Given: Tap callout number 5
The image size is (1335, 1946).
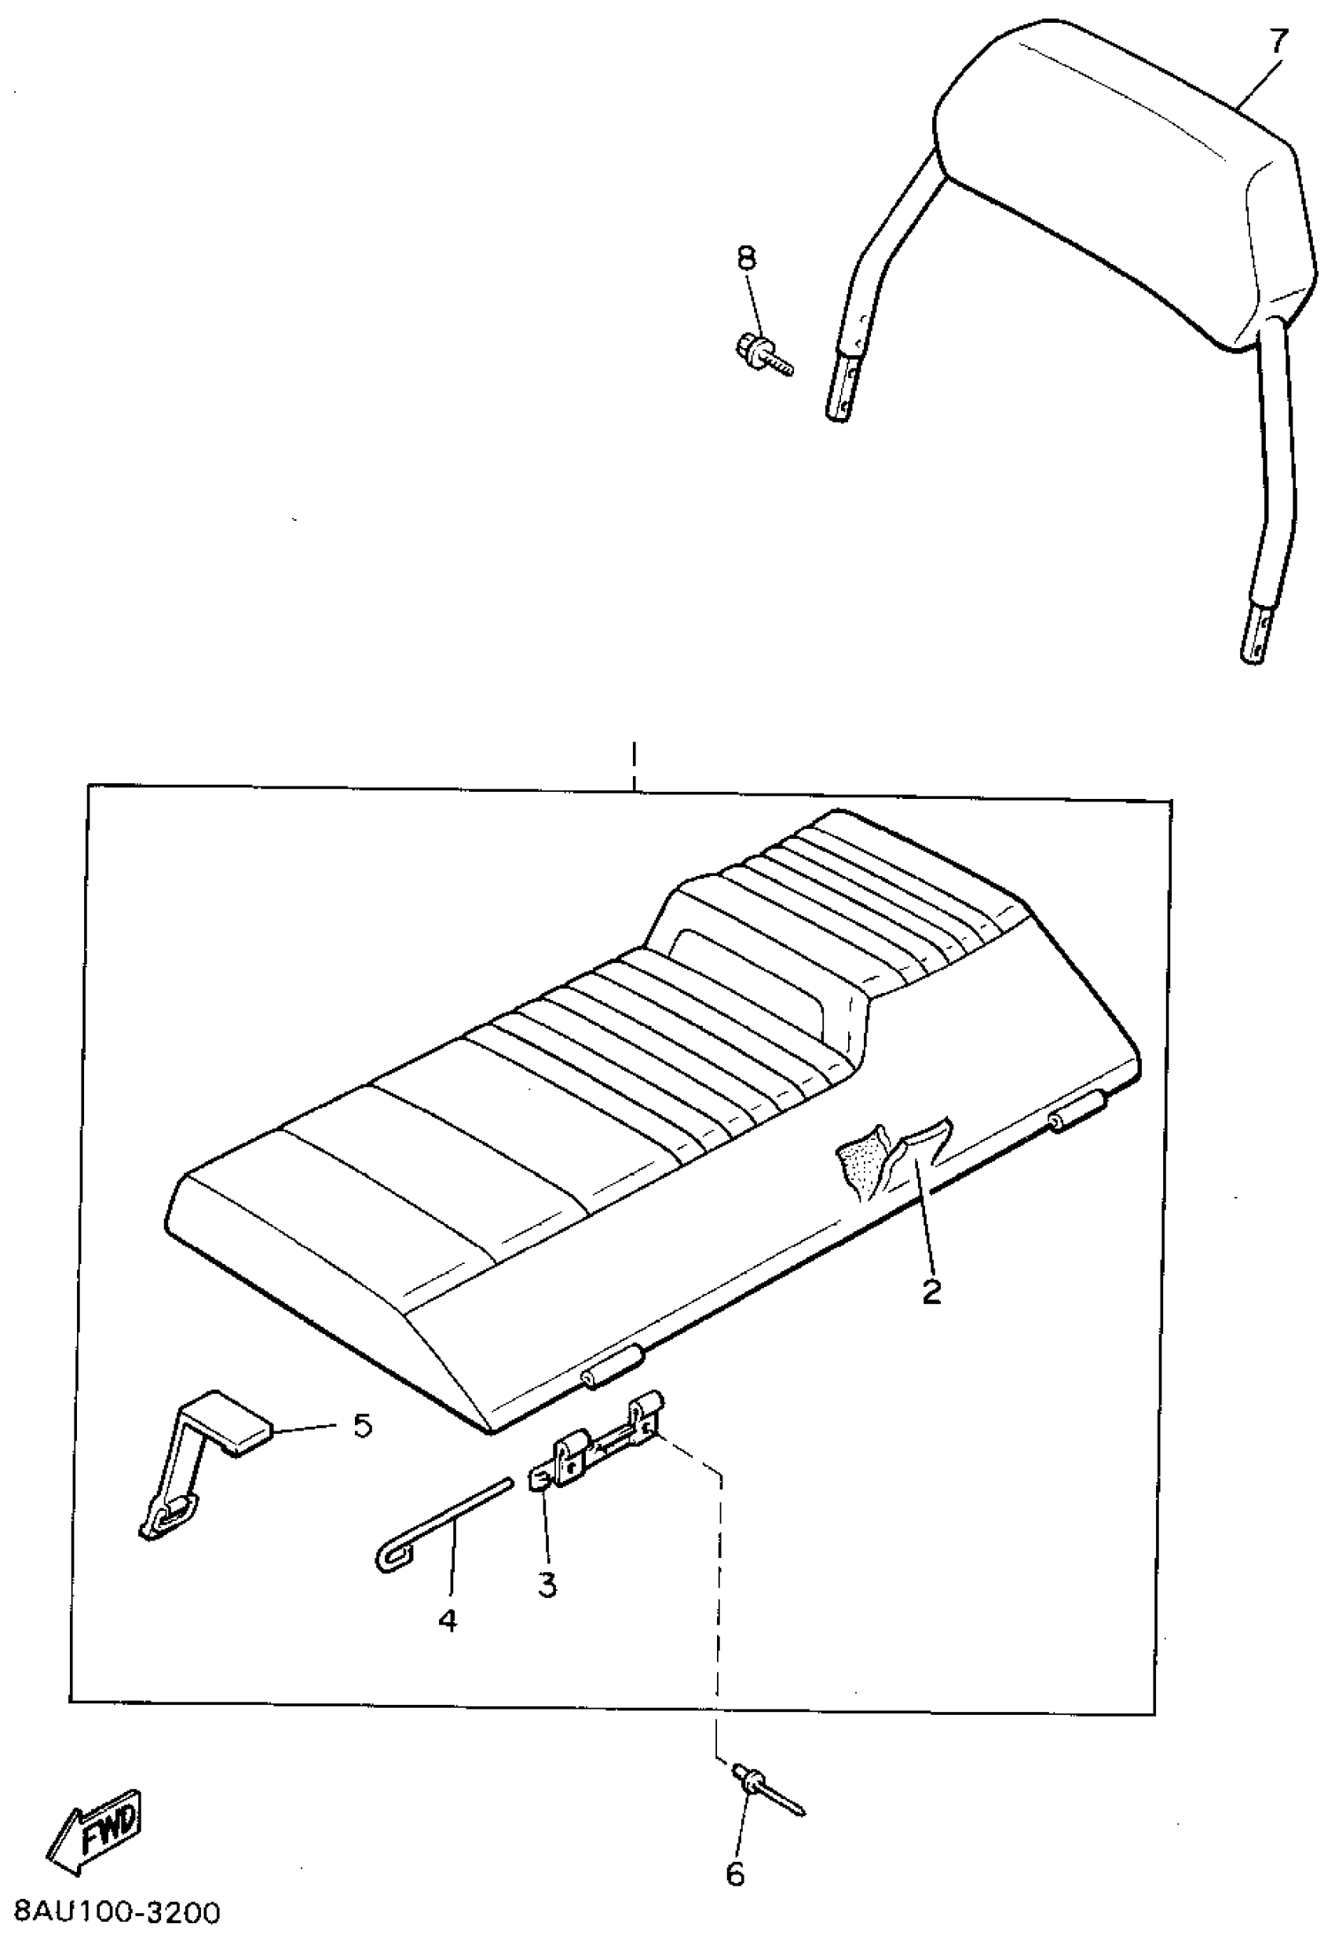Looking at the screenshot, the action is (x=361, y=1424).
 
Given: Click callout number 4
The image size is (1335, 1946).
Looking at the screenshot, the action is (x=448, y=1621).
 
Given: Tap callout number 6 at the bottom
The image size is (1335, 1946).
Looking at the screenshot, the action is (x=735, y=1874).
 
